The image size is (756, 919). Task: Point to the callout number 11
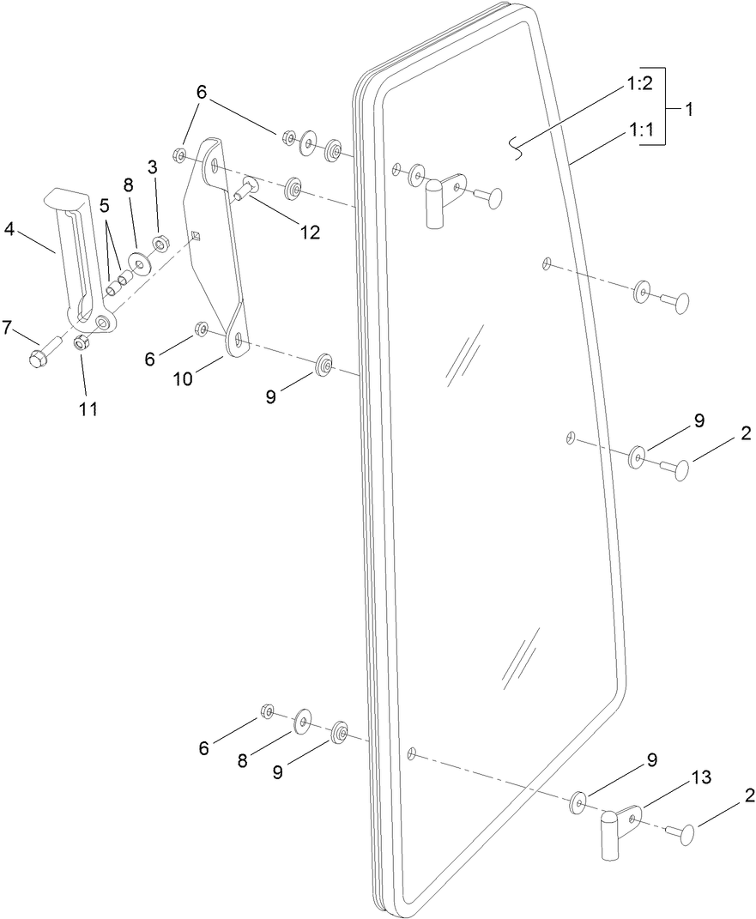click(x=88, y=408)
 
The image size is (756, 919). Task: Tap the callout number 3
click(x=152, y=167)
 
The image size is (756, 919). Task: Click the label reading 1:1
click(x=641, y=131)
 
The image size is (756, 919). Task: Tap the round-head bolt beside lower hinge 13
click(x=681, y=830)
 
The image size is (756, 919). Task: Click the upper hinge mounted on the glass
click(x=439, y=199)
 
